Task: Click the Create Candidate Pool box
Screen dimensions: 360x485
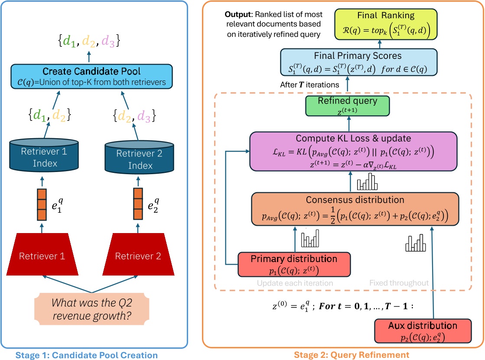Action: click(x=92, y=76)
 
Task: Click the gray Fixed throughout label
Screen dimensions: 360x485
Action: click(x=399, y=282)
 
